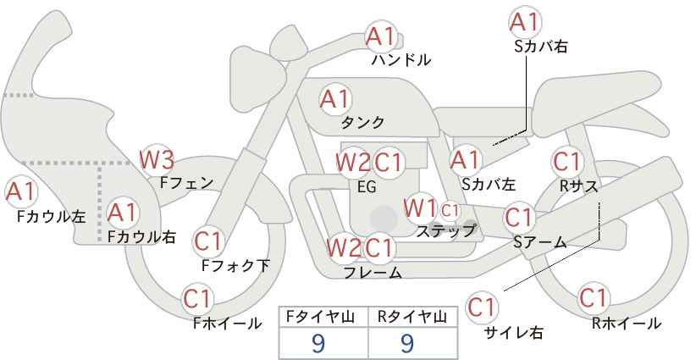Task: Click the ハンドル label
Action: (x=401, y=60)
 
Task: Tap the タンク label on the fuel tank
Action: (x=362, y=122)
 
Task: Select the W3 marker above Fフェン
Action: (x=157, y=160)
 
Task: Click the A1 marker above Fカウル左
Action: (x=21, y=191)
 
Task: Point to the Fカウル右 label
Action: (x=141, y=236)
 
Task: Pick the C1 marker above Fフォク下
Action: (x=207, y=241)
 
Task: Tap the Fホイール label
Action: (x=227, y=324)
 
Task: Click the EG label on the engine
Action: (x=367, y=187)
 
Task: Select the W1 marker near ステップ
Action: (x=420, y=208)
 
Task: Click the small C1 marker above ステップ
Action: (x=450, y=210)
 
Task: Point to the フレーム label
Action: (x=373, y=272)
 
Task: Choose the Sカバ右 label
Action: (x=541, y=47)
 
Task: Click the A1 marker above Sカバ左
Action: (x=465, y=161)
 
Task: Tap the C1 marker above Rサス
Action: (x=566, y=162)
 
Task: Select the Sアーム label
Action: (x=540, y=241)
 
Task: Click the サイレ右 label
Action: (x=514, y=333)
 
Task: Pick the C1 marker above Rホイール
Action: (x=594, y=298)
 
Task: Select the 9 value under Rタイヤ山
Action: (x=407, y=343)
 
